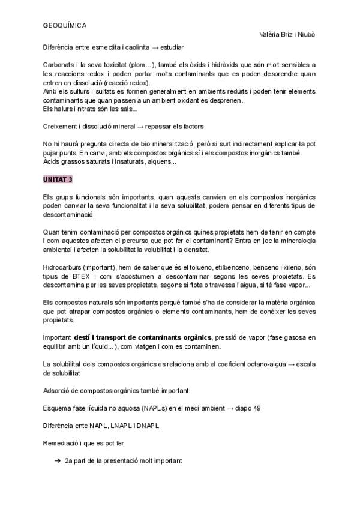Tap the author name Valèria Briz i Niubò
coord(286,35)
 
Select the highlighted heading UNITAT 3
coord(58,179)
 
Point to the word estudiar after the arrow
coord(170,47)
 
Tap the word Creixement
coord(61,127)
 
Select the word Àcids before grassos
coord(52,161)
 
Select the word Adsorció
coord(58,391)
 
